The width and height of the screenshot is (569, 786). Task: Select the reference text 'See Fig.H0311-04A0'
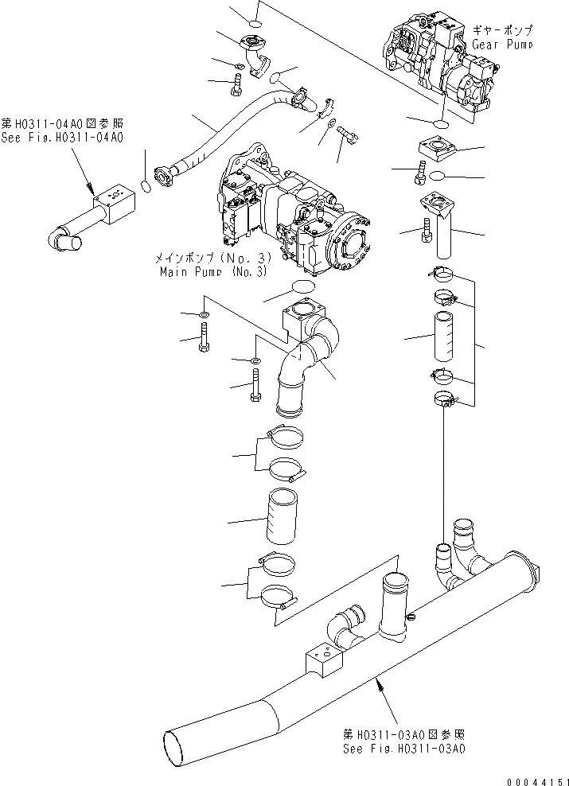(62, 138)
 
